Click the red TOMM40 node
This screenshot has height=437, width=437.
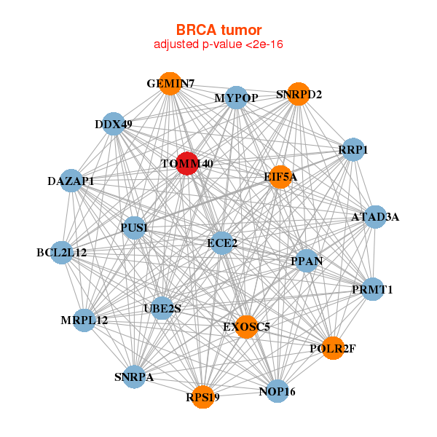(187, 164)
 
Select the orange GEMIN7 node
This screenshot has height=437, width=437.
(170, 84)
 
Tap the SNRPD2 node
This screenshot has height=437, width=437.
(299, 94)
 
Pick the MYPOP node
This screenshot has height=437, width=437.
(236, 98)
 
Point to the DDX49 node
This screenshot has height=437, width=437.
(114, 124)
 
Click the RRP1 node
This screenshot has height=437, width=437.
(353, 149)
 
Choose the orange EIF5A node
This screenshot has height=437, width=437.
(280, 177)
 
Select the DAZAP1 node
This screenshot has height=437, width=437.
(71, 181)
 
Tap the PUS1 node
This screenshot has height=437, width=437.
(134, 228)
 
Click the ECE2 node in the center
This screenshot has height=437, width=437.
(222, 243)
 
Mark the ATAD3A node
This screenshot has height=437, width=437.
(375, 217)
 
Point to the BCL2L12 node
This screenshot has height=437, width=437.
(62, 253)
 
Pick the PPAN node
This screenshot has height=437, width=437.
(307, 261)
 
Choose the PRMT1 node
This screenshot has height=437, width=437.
(373, 289)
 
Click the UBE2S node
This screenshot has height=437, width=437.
(162, 308)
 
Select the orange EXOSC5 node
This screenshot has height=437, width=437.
(246, 327)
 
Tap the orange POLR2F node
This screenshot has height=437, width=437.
(333, 348)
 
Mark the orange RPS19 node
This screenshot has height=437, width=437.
(203, 397)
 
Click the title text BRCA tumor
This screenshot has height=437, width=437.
(219, 30)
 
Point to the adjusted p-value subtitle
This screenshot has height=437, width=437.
(219, 44)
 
